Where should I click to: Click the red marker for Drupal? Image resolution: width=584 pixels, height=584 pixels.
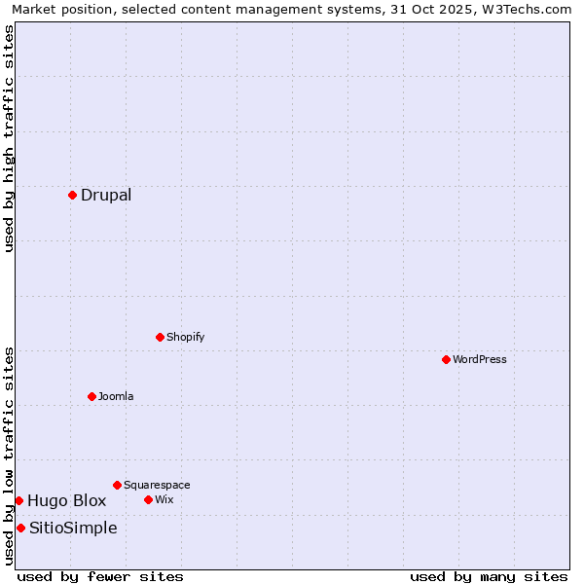[72, 195]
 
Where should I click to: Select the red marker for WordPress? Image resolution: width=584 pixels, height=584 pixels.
[446, 359]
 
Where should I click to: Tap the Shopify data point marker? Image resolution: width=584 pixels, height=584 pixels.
[160, 337]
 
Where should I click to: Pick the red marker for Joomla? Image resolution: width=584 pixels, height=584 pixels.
[91, 396]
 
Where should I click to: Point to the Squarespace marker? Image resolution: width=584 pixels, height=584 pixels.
[117, 485]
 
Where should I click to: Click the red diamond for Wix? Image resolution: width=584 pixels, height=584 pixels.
[148, 499]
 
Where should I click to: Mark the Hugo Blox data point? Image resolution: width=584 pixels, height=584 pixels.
[18, 500]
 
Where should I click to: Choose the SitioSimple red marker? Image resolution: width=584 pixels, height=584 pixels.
[20, 528]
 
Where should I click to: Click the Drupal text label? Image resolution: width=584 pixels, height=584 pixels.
[106, 195]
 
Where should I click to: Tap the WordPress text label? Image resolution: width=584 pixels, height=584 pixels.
[480, 359]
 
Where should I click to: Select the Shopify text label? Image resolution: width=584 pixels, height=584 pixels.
[186, 337]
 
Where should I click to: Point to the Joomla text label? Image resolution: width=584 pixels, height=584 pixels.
[116, 396]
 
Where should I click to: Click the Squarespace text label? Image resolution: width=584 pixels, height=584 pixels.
[157, 485]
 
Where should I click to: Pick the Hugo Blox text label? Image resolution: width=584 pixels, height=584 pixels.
[66, 500]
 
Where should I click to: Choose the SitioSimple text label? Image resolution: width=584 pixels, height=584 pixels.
[73, 528]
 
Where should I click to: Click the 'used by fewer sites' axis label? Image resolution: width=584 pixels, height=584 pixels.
[100, 576]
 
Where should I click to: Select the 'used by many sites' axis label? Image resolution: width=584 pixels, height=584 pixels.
[489, 576]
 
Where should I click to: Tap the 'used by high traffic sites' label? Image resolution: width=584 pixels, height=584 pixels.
[9, 138]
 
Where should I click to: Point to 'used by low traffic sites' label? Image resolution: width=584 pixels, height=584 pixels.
[9, 456]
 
